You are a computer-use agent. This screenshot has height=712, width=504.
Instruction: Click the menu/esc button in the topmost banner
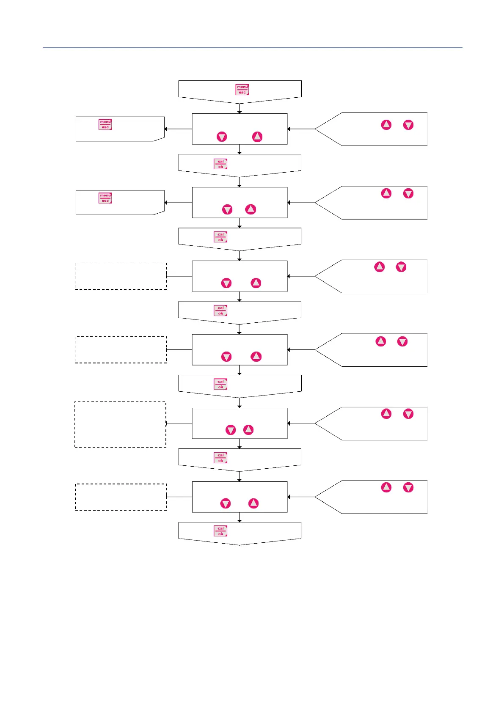click(242, 89)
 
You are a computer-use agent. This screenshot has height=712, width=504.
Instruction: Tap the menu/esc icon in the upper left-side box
click(105, 124)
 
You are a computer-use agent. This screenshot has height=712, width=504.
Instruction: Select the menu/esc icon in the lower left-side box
click(105, 198)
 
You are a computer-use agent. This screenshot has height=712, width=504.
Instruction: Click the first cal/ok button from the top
click(220, 164)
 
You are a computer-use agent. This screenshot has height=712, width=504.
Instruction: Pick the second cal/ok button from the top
click(220, 237)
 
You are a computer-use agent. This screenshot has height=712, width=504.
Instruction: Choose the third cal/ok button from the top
click(220, 311)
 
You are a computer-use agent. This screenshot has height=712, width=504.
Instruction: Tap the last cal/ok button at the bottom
click(220, 531)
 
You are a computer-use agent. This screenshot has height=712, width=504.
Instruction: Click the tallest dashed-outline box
click(120, 424)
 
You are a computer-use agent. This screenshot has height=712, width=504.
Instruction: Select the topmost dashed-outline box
click(121, 276)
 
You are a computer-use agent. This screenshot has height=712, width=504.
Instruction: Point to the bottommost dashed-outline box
click(121, 497)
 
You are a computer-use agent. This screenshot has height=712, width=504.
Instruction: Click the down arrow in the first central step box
click(222, 137)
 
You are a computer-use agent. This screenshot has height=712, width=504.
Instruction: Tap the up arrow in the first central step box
click(257, 137)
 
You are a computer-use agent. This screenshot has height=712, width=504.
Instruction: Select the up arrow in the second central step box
click(251, 209)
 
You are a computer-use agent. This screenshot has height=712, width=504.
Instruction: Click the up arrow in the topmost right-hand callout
click(386, 125)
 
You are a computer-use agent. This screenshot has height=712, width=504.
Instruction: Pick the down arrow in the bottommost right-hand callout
click(408, 488)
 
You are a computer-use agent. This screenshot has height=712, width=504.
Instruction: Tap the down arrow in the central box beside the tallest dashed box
click(231, 430)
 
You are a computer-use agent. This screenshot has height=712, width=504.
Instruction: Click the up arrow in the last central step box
click(253, 503)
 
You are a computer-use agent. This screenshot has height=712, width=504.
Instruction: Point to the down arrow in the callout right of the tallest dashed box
click(408, 414)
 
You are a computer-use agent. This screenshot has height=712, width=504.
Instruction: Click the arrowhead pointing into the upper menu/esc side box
click(166, 129)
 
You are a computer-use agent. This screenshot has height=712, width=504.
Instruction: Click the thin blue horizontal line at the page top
click(252, 48)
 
